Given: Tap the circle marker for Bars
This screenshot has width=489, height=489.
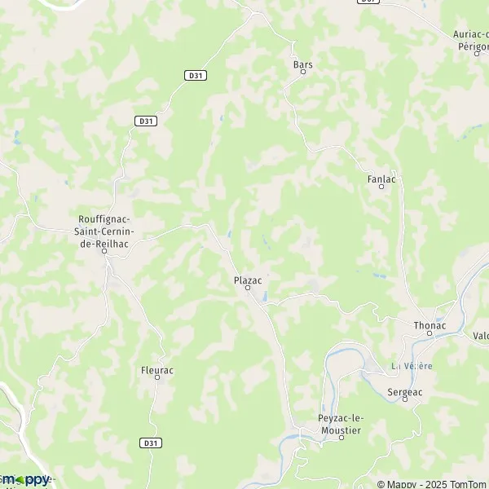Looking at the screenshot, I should point(303,72).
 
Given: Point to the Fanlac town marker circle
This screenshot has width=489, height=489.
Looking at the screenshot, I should point(381,187).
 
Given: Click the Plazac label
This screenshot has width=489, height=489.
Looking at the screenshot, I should point(248,280).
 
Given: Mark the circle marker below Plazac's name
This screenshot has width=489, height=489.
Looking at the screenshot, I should point(248,289).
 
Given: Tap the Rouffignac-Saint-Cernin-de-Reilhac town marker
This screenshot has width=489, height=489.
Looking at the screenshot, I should point(105,251).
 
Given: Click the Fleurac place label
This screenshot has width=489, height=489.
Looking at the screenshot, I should point(157,369).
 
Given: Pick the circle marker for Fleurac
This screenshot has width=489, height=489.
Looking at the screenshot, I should point(157,378).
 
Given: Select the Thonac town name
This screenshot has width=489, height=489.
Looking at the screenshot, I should point(430,325).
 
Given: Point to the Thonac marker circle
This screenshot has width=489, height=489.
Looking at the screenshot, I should point(430,334).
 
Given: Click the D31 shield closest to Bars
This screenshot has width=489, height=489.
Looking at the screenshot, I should point(194,76).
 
